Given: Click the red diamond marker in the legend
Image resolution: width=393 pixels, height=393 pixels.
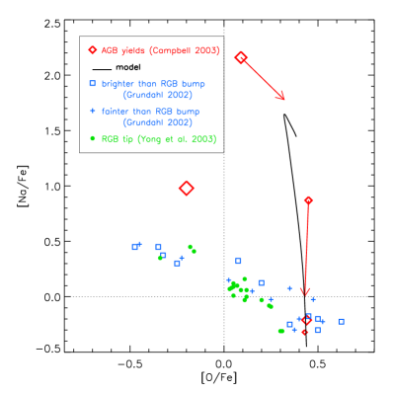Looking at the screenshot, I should point(93,49).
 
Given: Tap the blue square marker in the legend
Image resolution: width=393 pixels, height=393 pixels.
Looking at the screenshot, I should point(93,84).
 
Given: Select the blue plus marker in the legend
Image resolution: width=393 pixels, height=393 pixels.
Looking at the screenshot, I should point(93,111).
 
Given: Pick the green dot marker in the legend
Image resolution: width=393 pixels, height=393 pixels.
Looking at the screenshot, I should point(93,138).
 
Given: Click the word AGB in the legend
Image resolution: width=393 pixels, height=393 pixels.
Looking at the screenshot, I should point(109,50).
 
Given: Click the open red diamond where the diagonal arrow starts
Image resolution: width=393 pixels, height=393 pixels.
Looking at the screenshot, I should point(240,57).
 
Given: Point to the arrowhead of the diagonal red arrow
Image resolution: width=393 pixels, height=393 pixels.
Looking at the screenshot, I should point(282,98).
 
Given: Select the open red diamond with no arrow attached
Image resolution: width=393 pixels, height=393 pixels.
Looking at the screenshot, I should point(186,188).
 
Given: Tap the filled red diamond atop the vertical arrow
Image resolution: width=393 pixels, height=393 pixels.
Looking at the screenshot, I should point(308,200).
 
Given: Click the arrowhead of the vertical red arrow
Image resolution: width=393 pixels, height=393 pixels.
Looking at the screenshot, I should point(305,291).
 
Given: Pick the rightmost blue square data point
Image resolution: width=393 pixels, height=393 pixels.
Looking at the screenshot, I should point(341,321).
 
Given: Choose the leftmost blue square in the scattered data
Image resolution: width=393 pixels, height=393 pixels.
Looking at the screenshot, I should point(135,246).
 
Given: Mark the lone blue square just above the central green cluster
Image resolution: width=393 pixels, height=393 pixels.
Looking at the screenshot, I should point(238,261).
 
